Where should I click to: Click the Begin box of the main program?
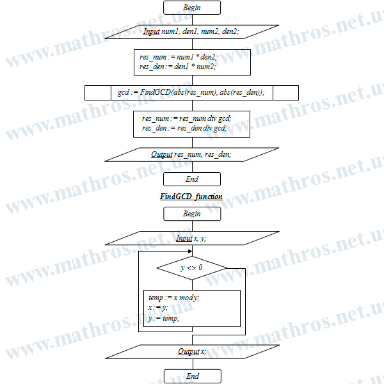coord(192,8)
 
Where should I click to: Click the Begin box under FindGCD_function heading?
coord(192,214)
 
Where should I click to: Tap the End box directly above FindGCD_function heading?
coord(192,179)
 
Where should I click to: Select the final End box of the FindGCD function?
coord(193,376)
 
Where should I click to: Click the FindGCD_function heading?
coord(191,196)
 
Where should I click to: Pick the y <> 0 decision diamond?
coord(192,268)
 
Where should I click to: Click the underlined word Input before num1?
coord(151,31)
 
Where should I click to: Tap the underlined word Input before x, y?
coord(184,238)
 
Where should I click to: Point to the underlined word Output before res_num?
coord(162,154)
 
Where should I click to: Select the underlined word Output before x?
coord(189,351)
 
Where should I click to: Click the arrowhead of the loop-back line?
coord(190,252)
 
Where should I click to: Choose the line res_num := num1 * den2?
coord(179,57)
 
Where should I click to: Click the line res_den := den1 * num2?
coord(177,67)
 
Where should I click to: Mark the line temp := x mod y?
coord(174,298)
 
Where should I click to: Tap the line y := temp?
coord(164,318)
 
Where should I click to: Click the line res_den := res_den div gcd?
coord(184,128)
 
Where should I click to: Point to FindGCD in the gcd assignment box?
coord(156,92)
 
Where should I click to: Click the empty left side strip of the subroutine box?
coord(98,93)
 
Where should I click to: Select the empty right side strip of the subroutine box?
coord(285,93)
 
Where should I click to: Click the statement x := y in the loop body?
coord(158,308)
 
